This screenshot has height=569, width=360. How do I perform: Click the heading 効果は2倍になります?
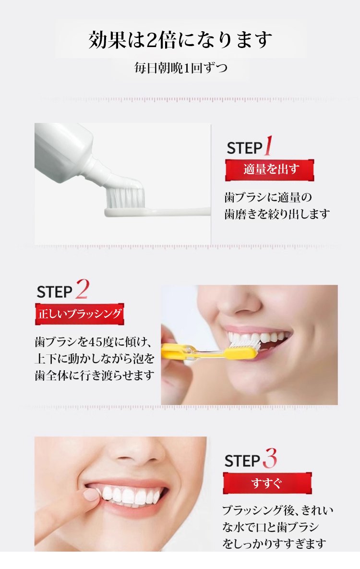click(x=180, y=39)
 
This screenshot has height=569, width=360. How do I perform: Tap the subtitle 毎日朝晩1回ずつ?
click(x=181, y=68)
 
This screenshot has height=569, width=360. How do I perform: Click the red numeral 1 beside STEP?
click(x=268, y=145)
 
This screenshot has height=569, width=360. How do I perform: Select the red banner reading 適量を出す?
click(x=270, y=170)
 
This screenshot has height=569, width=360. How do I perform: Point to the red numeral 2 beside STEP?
click(x=82, y=289)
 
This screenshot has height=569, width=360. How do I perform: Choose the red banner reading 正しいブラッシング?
click(x=80, y=314)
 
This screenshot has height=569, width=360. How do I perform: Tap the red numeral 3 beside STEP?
click(x=270, y=458)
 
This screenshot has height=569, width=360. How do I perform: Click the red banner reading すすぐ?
click(x=267, y=483)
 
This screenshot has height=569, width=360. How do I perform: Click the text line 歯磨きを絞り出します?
click(x=277, y=214)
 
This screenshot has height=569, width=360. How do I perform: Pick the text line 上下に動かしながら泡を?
click(x=95, y=359)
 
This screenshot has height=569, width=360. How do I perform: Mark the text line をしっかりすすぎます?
click(x=275, y=543)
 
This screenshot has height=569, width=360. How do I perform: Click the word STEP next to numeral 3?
click(x=242, y=461)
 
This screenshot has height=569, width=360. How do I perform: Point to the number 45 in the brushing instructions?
click(x=96, y=342)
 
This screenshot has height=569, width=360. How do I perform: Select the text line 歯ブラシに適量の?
click(x=268, y=197)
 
